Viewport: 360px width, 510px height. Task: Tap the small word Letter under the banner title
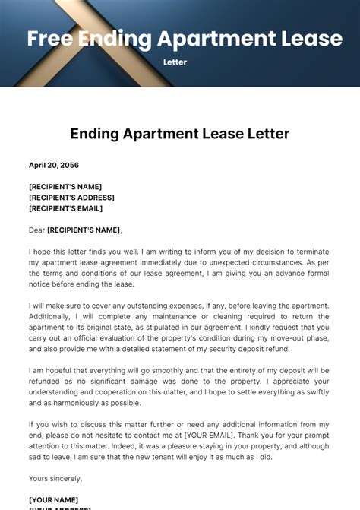[x=175, y=62]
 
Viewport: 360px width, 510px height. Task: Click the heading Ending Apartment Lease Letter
[x=180, y=134]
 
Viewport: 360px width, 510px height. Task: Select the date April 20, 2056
[x=54, y=165]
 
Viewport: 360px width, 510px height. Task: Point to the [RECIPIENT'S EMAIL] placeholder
[x=65, y=208]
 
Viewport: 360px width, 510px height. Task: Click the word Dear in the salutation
[x=36, y=230]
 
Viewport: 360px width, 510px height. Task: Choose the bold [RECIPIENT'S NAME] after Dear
[x=84, y=230]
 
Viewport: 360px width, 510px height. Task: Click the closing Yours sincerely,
[x=55, y=478]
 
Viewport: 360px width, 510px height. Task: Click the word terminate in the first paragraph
[x=311, y=252]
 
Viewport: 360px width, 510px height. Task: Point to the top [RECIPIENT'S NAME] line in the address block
[x=65, y=186]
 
